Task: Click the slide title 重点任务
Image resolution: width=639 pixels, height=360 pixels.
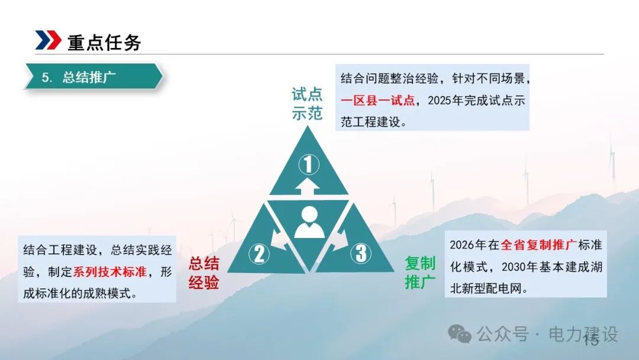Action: tap(104, 42)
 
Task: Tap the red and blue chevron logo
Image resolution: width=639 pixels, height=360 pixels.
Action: tap(48, 40)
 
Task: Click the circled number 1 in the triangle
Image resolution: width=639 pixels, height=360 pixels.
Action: tap(308, 163)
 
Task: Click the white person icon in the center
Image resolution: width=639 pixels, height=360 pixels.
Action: tap(309, 223)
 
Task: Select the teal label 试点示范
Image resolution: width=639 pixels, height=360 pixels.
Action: tap(307, 104)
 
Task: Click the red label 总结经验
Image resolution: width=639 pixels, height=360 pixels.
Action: tap(204, 273)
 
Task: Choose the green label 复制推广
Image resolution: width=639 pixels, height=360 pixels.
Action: tap(420, 272)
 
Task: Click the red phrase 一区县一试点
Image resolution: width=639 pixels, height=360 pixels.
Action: tap(377, 100)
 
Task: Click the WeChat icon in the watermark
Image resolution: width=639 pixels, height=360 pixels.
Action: tap(459, 334)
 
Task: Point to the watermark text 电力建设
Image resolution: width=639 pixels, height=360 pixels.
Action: tap(583, 334)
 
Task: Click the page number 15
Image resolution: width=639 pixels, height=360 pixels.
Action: tap(590, 340)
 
